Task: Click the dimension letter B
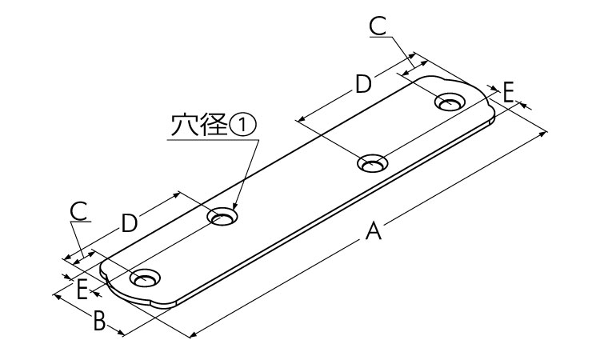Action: pos(99,321)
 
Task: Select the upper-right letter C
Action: pos(378,26)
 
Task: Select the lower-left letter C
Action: pos(79,211)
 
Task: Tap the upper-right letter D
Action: pos(363,84)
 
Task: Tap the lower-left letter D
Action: pos(130,223)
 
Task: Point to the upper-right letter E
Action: pos(508,93)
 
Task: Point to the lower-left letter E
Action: pos(82,290)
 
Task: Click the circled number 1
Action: pos(242,126)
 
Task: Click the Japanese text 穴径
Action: pos(200,126)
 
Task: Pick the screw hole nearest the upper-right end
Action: pos(450,102)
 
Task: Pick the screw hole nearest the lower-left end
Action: pos(145,278)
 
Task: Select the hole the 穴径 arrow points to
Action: pos(222,218)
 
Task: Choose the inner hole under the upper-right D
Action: pos(372,163)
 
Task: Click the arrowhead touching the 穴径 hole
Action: pos(234,205)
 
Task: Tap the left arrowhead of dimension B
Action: pos(57,296)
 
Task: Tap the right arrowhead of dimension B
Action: pos(120,333)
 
